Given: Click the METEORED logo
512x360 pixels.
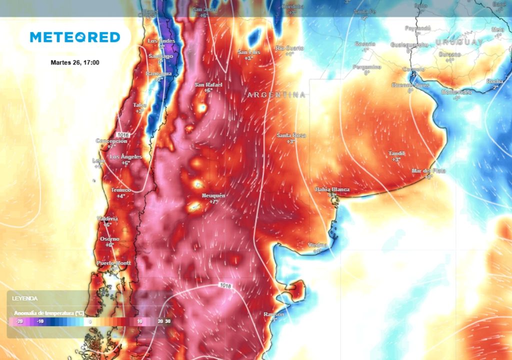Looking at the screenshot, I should tap(75, 37).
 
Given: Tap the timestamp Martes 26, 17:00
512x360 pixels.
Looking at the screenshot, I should tap(75, 62).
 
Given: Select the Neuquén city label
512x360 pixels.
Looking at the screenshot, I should tap(213, 195).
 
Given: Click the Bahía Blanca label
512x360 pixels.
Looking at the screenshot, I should tap(332, 189).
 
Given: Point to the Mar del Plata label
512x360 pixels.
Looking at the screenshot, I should tap(428, 170).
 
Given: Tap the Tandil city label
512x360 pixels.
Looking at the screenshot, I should tap(396, 153).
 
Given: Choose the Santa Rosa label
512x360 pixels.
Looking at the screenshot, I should tap(291, 135).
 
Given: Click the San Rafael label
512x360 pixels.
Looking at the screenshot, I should tap(208, 84).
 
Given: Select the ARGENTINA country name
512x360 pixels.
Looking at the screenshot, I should tap(276, 94).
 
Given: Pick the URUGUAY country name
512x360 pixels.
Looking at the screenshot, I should tap(458, 42).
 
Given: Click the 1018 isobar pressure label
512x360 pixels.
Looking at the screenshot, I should tap(226, 285).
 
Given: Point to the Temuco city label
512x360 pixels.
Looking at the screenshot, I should tap(120, 190).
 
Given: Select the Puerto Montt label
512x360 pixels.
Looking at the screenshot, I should tap(113, 263).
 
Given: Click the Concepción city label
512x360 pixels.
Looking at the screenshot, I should tap(111, 141).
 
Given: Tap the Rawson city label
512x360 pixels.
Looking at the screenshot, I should tap(274, 314).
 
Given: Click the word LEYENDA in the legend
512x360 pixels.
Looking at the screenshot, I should tap(25, 298).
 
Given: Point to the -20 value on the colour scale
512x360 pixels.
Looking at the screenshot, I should tap(19, 321).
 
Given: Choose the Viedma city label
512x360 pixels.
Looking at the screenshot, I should tap(318, 245).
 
